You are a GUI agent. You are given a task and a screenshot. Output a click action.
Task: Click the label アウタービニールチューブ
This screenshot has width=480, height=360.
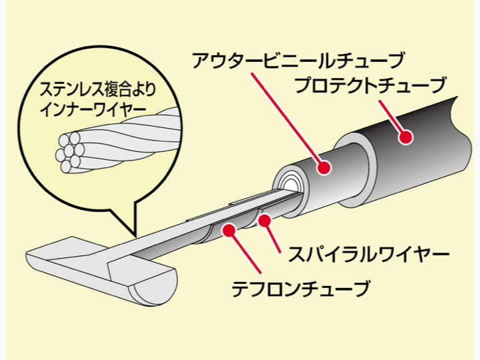pyautogui.click(x=298, y=61)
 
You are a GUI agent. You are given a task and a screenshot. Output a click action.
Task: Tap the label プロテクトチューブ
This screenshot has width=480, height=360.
pyautogui.click(x=369, y=85)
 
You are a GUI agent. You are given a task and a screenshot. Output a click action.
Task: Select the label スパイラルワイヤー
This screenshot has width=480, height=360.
pyautogui.click(x=369, y=254)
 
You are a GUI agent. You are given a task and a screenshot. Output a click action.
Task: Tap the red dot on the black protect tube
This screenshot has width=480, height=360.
pyautogui.click(x=406, y=137)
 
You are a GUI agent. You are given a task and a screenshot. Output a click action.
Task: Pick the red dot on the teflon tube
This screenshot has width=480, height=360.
pyautogui.click(x=229, y=230)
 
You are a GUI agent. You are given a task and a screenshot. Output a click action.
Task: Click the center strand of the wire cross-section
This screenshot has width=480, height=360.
pyautogui.click(x=69, y=152)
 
